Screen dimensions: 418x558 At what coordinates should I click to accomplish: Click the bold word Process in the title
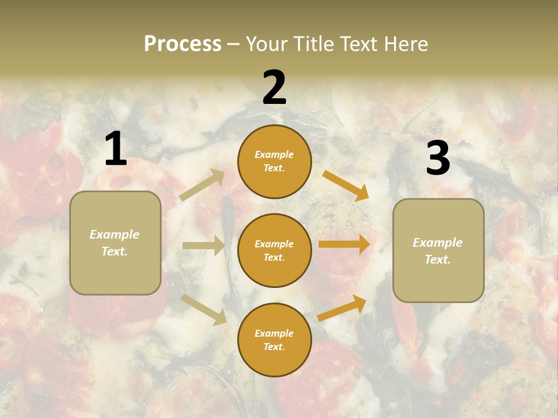[x=183, y=44]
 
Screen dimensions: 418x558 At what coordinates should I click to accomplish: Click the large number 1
[x=116, y=149]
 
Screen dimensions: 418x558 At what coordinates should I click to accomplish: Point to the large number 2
[x=274, y=88]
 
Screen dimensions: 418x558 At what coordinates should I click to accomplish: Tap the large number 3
[x=438, y=158]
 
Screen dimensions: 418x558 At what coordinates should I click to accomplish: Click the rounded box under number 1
[x=115, y=243]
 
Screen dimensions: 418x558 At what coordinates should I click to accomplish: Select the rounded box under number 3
[x=438, y=250]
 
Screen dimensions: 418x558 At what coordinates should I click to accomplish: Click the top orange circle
[x=274, y=161]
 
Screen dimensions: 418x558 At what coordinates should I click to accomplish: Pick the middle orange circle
[x=274, y=250]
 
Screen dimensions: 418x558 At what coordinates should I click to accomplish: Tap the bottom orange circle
[x=274, y=340]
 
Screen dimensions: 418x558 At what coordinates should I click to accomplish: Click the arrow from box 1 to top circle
[x=202, y=185]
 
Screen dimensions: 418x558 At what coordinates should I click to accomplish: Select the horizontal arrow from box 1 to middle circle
[x=203, y=246]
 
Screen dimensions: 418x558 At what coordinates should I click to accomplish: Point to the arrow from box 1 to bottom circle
[x=203, y=309]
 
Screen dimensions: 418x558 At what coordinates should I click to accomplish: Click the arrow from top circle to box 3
[x=345, y=185]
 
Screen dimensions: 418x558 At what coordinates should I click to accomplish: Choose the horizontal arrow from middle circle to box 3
[x=344, y=244]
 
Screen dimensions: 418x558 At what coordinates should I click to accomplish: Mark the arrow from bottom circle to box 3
[x=342, y=308]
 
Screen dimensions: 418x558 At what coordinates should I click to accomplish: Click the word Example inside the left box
[x=115, y=235]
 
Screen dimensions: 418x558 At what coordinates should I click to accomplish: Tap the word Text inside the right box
[x=437, y=260]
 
